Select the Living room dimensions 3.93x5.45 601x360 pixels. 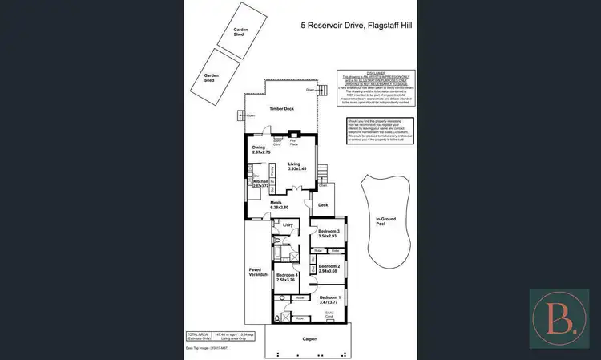click(x=299, y=168)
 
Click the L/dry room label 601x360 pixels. click(x=288, y=225)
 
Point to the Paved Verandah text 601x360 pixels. click(x=256, y=272)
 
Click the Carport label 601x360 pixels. click(x=310, y=339)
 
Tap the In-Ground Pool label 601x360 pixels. click(x=387, y=221)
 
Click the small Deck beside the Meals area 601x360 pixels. click(x=323, y=205)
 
